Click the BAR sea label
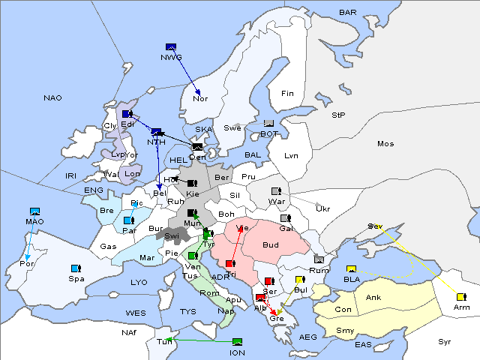[x=347, y=12]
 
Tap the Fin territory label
[x=287, y=93]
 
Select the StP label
[x=338, y=115]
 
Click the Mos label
[x=385, y=143]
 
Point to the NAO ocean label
[x=52, y=97]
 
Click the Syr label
[x=445, y=341]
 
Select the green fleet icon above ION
[x=237, y=342]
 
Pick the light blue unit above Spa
[x=75, y=268]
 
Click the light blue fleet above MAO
[x=34, y=211]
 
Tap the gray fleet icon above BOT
[x=269, y=124]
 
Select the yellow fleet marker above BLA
[x=350, y=268]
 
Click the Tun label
[x=164, y=342]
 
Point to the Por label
[x=27, y=264]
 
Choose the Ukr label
[x=323, y=208]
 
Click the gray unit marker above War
[x=276, y=190]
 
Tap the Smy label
[x=345, y=330]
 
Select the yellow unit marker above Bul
[x=300, y=280]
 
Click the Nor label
[x=200, y=98]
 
